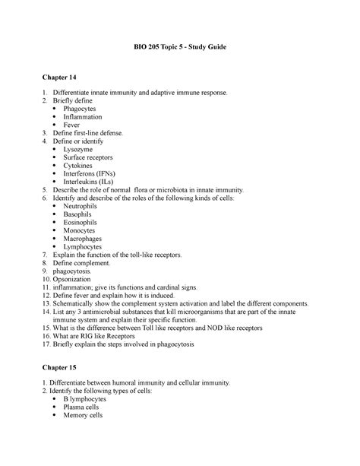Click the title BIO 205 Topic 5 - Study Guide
(180, 48)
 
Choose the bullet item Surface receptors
(101, 158)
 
